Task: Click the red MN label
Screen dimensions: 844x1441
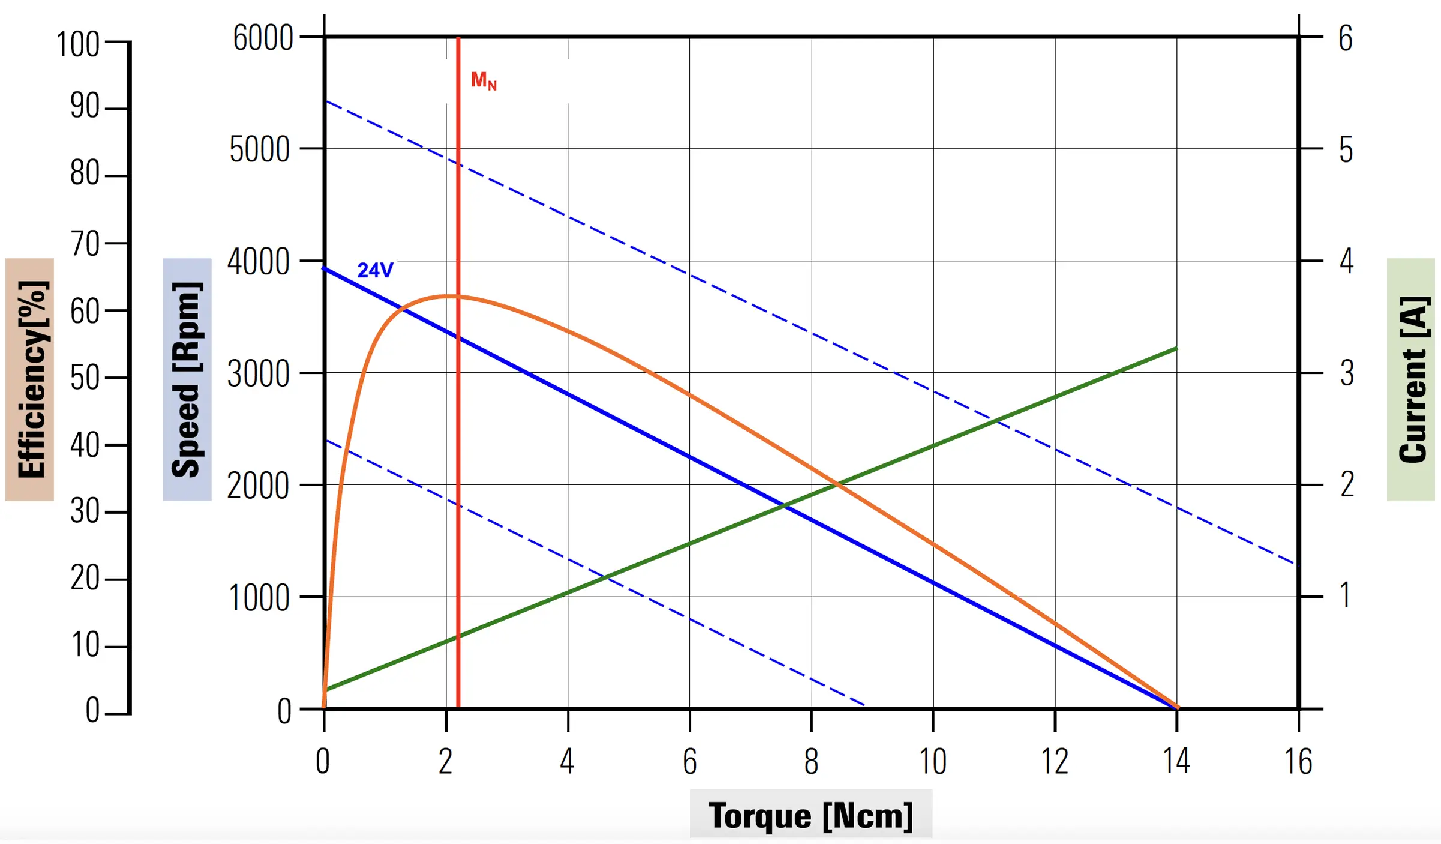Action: tap(483, 80)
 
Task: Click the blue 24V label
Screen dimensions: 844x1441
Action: tap(375, 270)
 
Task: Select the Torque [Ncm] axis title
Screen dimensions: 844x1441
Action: tap(810, 815)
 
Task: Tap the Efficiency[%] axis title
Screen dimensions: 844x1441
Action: tap(30, 379)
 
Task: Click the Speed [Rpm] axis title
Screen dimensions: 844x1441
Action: tap(187, 379)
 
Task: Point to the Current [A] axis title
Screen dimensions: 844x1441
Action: tap(1411, 379)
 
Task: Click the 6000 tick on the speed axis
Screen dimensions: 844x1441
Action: tap(263, 38)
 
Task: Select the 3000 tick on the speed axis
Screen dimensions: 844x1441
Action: tap(259, 375)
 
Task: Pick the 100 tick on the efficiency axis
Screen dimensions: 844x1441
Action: tap(78, 45)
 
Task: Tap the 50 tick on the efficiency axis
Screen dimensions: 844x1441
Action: tap(85, 378)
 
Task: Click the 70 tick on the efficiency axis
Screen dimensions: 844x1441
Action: tap(85, 244)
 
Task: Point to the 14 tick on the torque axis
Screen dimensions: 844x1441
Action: tap(1176, 761)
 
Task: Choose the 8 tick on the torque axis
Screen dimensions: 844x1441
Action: tap(811, 761)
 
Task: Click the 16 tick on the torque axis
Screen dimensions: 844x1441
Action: tap(1298, 761)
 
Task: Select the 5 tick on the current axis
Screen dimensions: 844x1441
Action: tap(1346, 150)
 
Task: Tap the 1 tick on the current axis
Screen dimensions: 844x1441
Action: tap(1346, 595)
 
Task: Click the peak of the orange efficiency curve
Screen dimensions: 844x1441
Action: tap(449, 295)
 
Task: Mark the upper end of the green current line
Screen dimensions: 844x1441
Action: tap(1176, 348)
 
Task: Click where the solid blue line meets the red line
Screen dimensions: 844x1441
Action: tap(458, 337)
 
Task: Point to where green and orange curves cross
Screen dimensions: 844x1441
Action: tap(838, 483)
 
